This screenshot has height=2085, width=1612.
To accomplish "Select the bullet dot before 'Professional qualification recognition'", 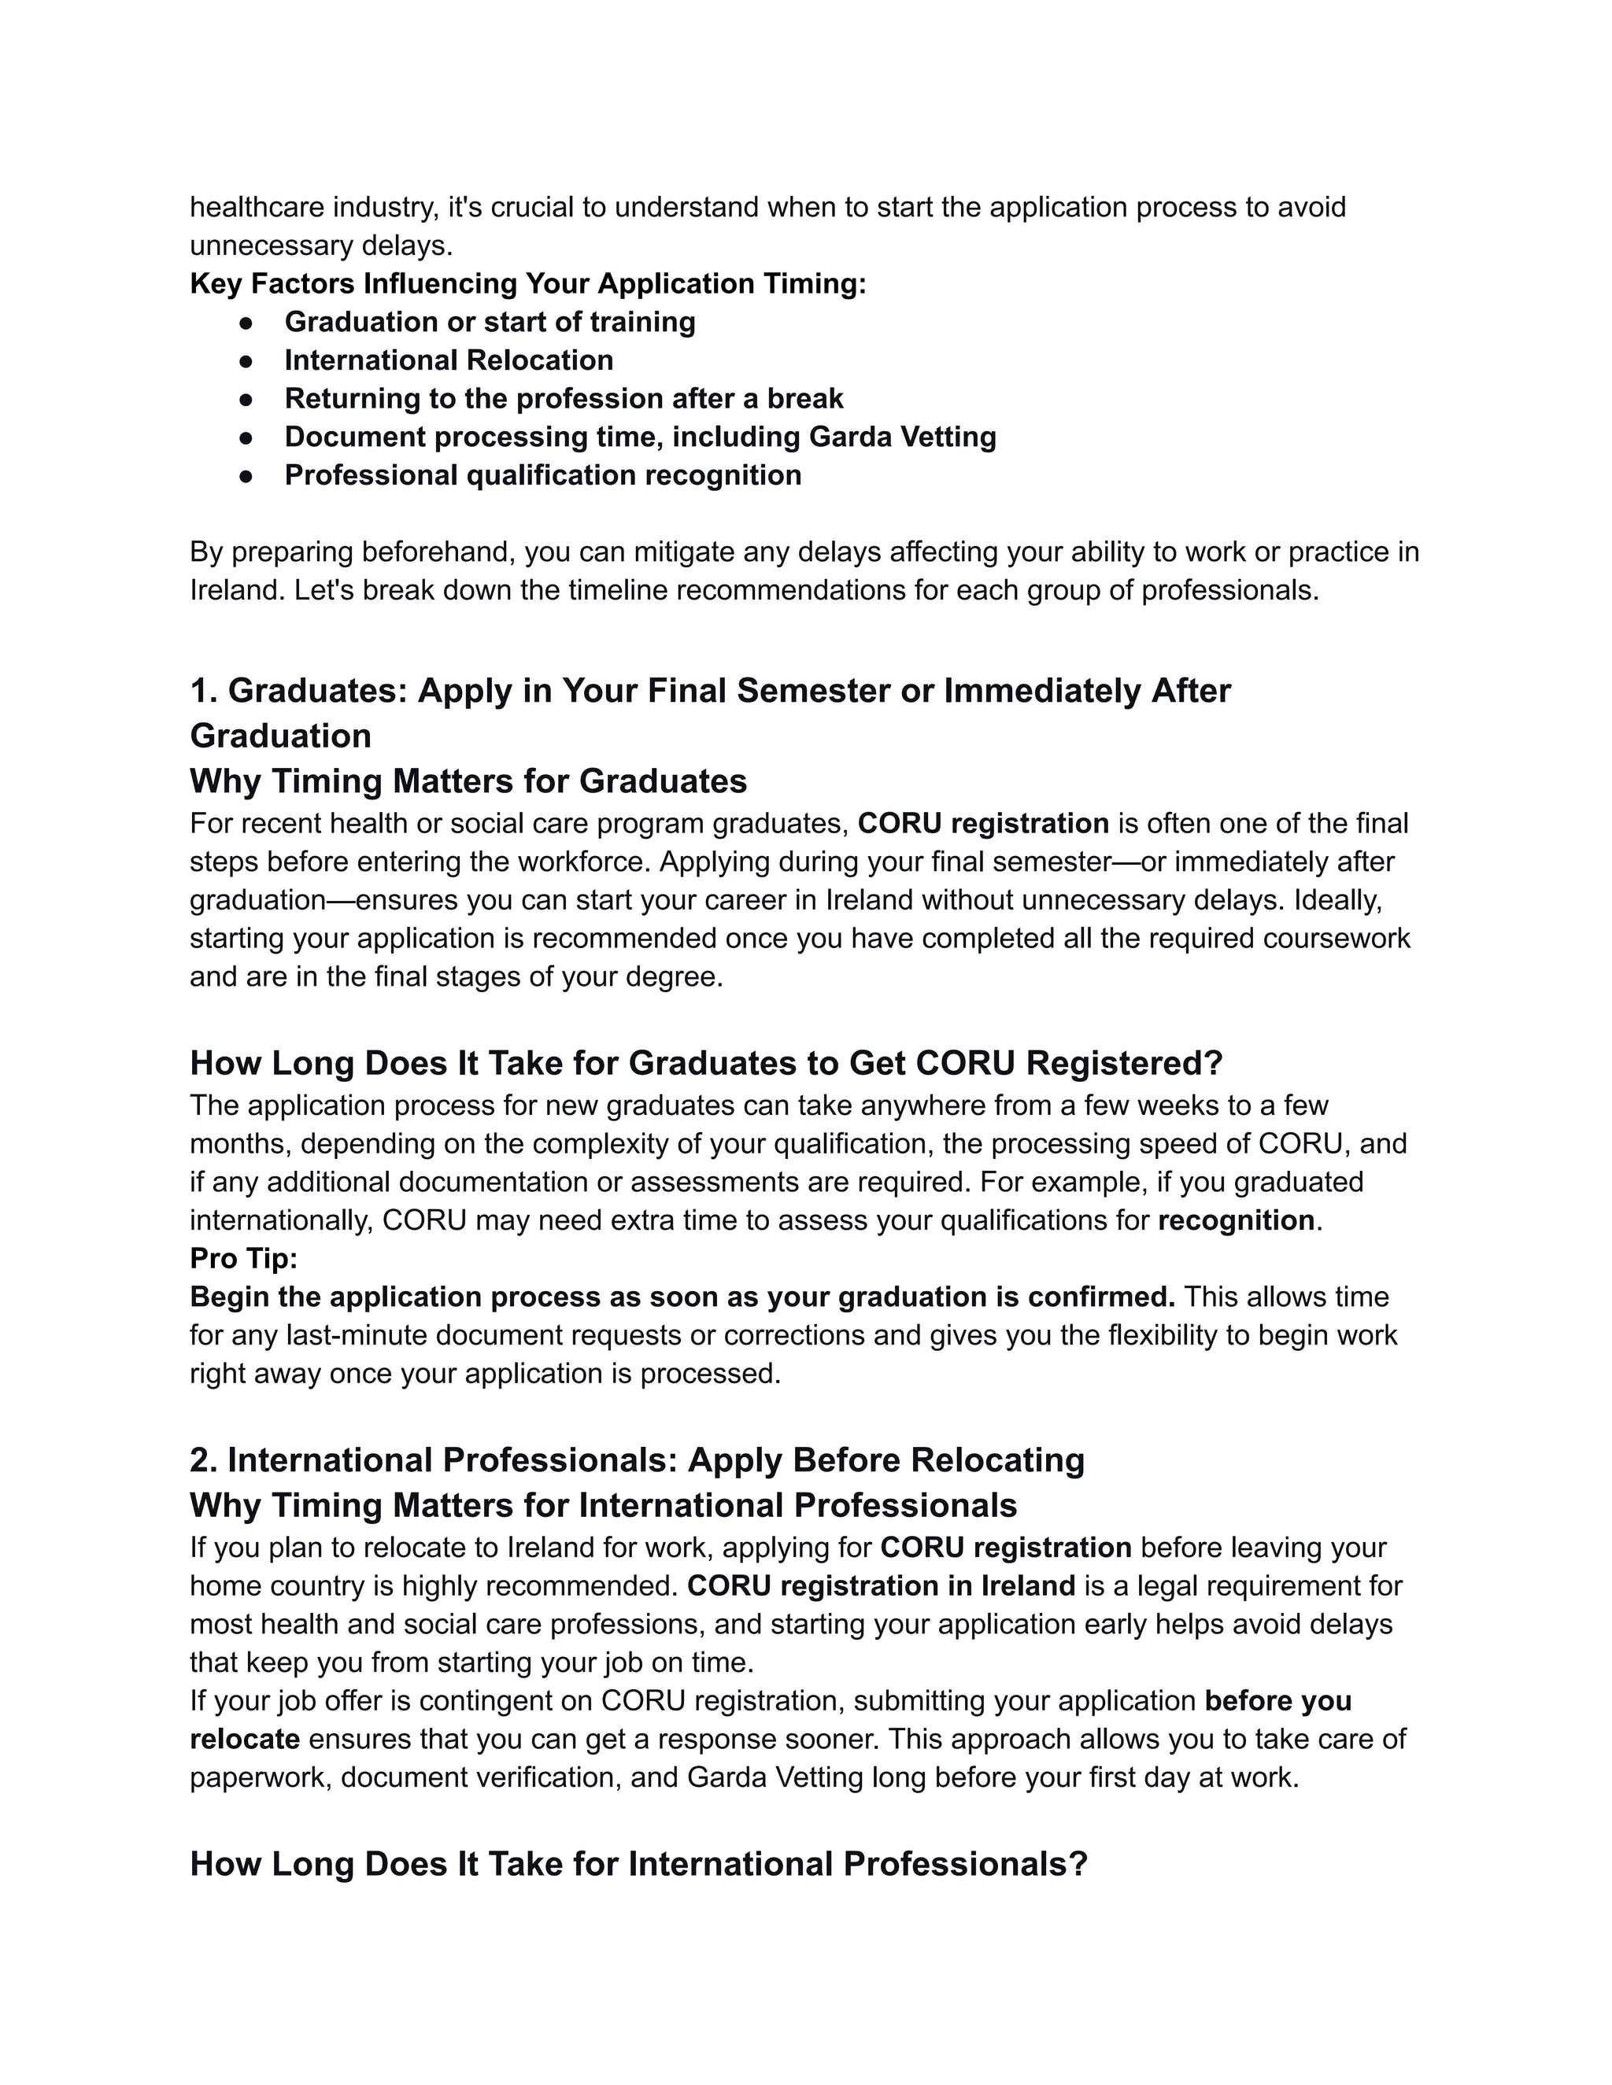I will click(x=246, y=475).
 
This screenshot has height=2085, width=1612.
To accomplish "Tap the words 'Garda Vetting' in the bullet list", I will click(x=901, y=437).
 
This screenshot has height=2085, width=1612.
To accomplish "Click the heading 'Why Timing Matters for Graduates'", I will click(x=468, y=781).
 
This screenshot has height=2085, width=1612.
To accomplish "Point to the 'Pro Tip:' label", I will click(x=243, y=1258).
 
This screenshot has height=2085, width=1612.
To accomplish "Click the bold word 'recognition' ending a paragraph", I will click(x=1236, y=1220).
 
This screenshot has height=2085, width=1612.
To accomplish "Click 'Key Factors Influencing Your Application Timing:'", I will click(x=528, y=283).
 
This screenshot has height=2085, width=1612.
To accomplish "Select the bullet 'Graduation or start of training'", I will click(x=490, y=322).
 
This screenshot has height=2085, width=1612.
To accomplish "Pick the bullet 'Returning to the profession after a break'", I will click(x=564, y=398).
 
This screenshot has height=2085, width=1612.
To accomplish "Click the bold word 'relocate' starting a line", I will click(x=245, y=1739).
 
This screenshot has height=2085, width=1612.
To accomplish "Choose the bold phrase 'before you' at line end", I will click(x=1277, y=1700).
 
